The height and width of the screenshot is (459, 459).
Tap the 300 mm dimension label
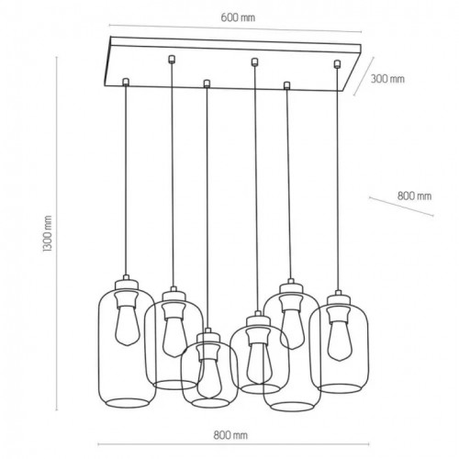388,78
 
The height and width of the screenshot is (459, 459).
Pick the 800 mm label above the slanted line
414,196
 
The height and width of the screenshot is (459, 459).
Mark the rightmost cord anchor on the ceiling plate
338,63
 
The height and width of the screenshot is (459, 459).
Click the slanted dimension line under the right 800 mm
401,207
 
